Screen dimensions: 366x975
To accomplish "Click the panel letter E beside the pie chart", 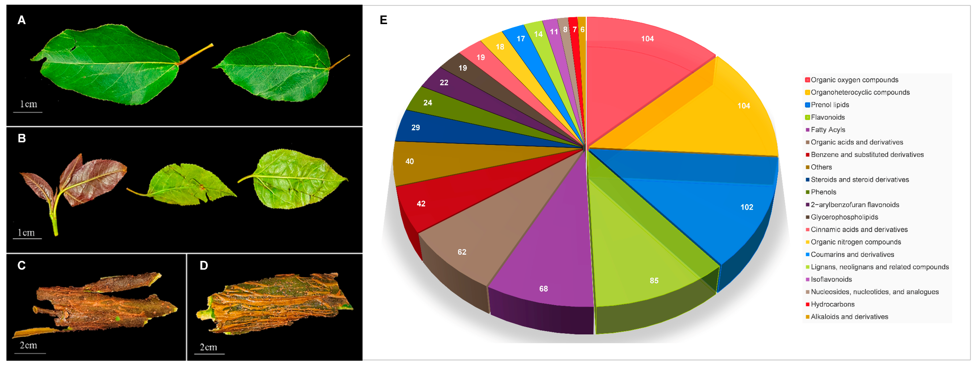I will [383, 20].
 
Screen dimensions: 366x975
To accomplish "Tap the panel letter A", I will [21, 20].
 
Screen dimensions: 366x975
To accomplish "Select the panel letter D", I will [204, 266].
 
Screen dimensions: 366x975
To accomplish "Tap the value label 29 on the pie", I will [416, 128].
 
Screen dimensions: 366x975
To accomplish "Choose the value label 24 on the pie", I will [428, 103].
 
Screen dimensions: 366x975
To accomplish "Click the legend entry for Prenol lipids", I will [830, 105].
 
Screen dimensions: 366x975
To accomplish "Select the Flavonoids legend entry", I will [827, 117].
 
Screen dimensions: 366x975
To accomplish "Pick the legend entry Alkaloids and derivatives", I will [849, 317].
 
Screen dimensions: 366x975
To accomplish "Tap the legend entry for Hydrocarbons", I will [832, 304].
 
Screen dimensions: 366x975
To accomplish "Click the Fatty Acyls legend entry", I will [828, 130].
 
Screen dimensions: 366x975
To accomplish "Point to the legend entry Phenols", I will [823, 192].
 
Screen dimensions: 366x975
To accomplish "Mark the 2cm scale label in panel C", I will [28, 345].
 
